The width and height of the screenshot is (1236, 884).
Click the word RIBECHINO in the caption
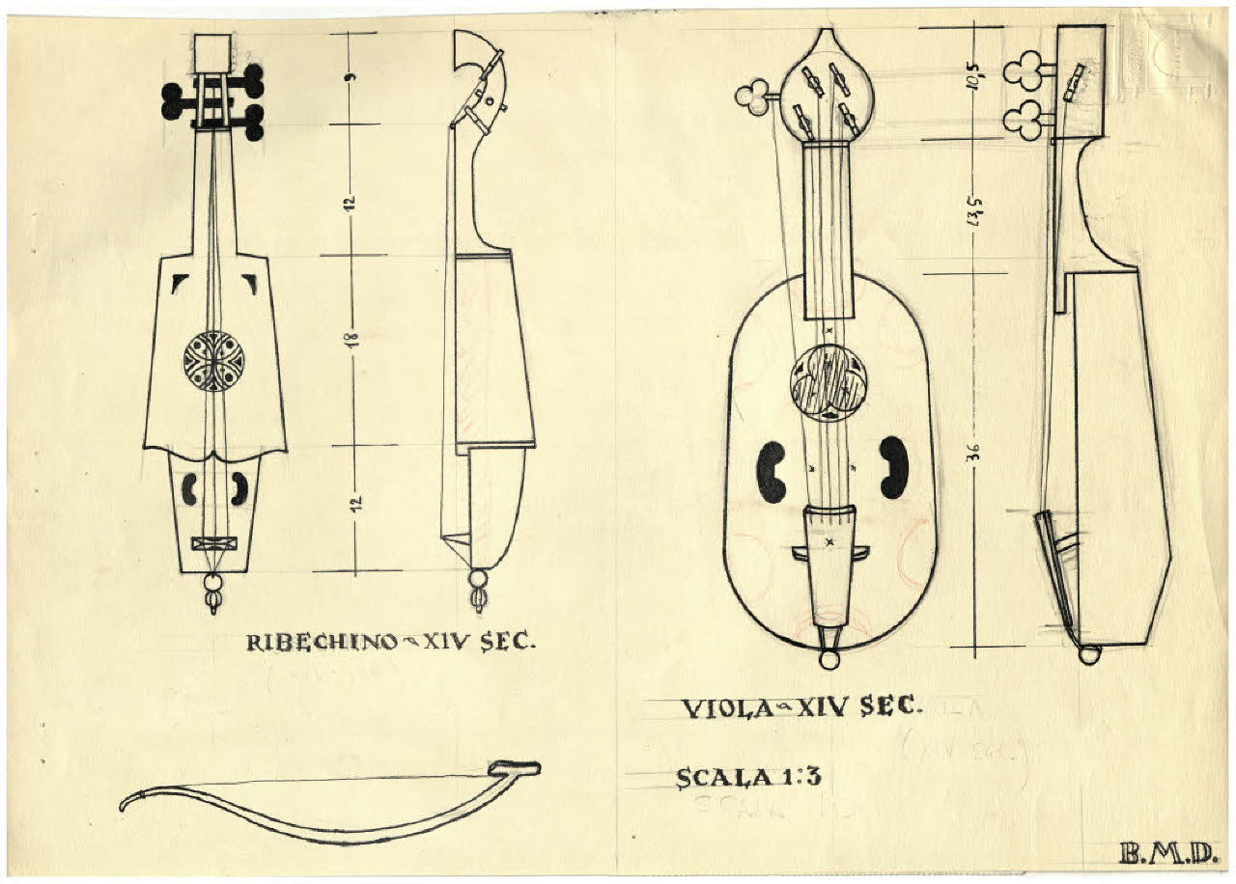pos(322,642)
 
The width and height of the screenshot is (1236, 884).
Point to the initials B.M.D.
pos(1166,853)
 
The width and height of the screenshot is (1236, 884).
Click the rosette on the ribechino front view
pos(213,361)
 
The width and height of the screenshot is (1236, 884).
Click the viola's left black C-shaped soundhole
pos(771,472)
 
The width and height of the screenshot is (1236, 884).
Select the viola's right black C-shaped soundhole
pos(893,468)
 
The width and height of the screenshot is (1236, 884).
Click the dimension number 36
pos(975,453)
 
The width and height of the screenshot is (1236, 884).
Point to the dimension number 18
pos(353,340)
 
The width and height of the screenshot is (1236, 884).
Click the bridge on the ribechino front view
pos(213,543)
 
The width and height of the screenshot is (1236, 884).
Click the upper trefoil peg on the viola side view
pos(1021,70)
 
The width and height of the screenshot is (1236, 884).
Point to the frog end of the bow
pos(514,769)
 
